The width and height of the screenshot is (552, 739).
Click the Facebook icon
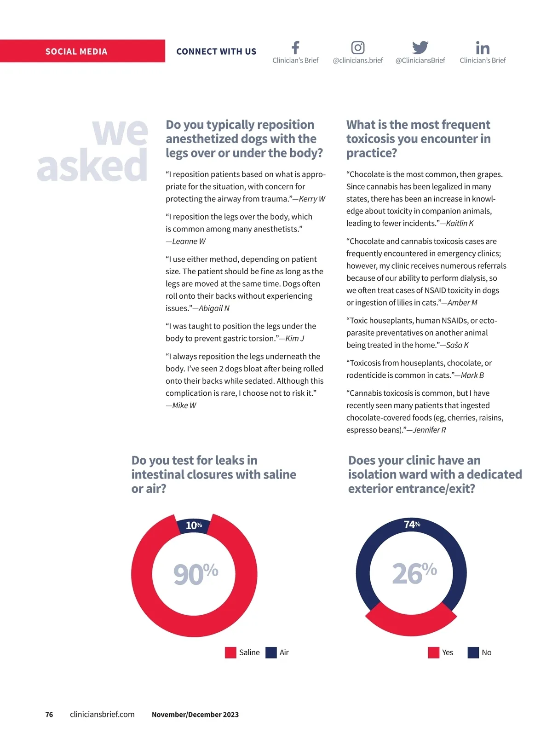295,47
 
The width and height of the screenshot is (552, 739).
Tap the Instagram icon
358,47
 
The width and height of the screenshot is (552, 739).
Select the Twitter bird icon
420,47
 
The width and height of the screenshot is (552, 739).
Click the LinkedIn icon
483,48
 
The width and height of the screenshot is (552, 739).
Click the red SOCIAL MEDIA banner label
76,52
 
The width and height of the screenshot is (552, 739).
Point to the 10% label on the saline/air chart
194,525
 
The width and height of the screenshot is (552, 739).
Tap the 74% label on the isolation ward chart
412,524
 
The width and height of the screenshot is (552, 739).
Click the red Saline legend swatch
230,652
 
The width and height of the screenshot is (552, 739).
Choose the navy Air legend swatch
271,652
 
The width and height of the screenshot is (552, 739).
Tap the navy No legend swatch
473,652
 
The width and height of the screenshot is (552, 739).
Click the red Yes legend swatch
433,652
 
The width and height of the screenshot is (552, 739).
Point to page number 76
49,715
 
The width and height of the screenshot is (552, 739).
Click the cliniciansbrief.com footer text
102,714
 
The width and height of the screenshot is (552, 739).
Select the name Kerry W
312,199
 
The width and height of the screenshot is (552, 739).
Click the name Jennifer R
429,430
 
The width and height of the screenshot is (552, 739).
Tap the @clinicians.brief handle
358,60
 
